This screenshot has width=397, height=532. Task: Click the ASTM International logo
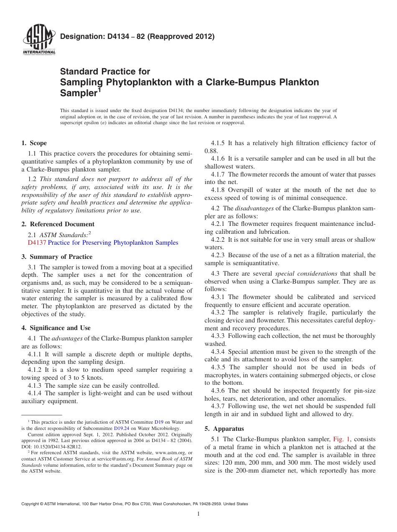point(38,41)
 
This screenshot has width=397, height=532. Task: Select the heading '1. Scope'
point(34,143)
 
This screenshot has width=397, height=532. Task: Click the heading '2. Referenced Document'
point(58,224)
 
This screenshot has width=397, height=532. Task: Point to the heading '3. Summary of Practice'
point(57,257)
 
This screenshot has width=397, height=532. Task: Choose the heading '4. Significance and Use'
point(56,328)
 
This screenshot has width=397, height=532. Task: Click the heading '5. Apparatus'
point(224,429)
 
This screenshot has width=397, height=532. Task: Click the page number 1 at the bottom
point(198,514)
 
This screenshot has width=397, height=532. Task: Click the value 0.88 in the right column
point(211,151)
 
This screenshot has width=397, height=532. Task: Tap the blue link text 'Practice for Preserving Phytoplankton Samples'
point(113,243)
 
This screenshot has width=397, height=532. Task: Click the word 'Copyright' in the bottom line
point(31,504)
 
